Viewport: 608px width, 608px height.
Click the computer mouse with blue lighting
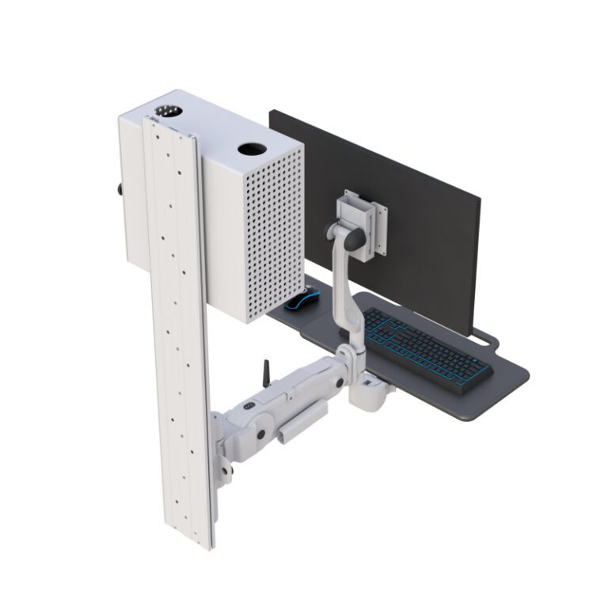coord(301,300)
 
